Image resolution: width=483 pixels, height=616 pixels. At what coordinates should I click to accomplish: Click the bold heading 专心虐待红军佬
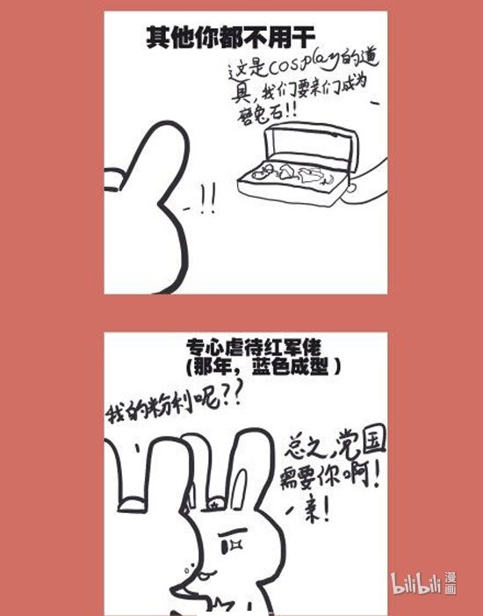tap(263, 346)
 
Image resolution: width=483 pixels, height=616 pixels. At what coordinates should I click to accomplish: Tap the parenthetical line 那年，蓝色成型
tap(263, 364)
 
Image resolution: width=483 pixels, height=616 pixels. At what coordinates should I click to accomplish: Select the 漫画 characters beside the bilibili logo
tap(450, 582)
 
